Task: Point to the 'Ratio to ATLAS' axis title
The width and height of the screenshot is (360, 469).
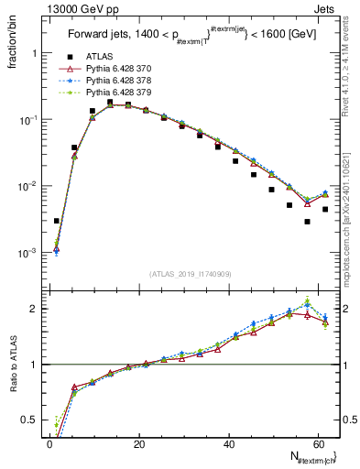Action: pos(13,365)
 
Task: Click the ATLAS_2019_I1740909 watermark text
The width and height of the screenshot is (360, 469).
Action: pos(190,274)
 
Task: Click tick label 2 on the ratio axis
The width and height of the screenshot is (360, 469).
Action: pos(33,309)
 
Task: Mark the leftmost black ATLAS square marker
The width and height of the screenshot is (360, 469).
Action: pos(57,221)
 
